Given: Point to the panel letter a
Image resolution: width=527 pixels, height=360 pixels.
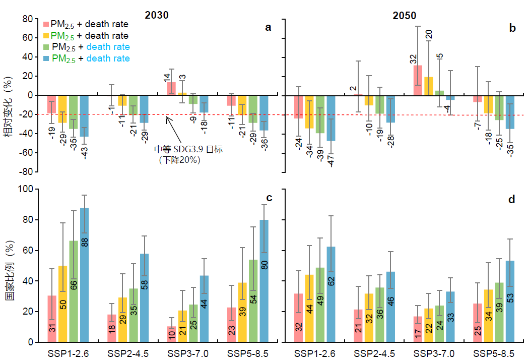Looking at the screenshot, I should pyautogui.click(x=268, y=28).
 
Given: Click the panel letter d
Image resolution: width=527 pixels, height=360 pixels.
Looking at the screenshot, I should pyautogui.click(x=511, y=200).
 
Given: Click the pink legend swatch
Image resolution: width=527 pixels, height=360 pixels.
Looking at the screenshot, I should pyautogui.click(x=46, y=24).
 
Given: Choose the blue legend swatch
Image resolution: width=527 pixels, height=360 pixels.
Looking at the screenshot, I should pyautogui.click(x=46, y=59).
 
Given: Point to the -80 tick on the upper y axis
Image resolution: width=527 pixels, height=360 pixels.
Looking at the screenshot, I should pyautogui.click(x=26, y=172).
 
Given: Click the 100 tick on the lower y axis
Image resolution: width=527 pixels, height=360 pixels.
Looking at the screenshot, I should pyautogui.click(x=24, y=189).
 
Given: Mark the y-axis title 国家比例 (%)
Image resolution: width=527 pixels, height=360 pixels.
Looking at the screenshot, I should pyautogui.click(x=10, y=266).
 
